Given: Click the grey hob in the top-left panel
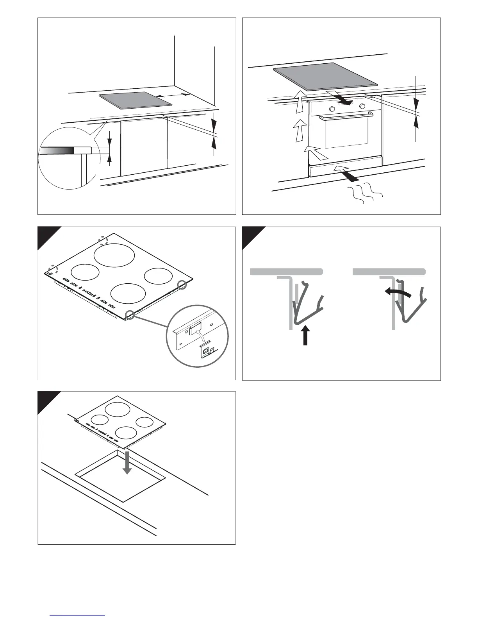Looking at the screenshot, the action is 135,100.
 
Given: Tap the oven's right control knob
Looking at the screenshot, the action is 362,106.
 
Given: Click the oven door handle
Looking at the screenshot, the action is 346,116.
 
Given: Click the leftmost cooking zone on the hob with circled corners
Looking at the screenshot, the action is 85,272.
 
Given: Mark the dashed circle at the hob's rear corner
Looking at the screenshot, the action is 103,240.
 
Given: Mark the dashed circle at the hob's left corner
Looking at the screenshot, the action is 52,269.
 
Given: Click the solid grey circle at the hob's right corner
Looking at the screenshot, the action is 182,284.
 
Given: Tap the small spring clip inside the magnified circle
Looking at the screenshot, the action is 206,350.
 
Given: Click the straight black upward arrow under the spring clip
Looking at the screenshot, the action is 306,336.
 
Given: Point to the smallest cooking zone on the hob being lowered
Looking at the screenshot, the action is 144,422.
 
